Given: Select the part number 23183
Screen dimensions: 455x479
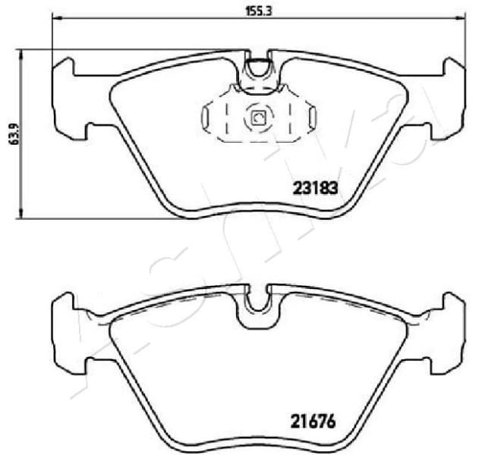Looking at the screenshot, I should [x=314, y=187].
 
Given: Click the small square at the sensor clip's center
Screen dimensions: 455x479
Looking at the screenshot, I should [x=257, y=118].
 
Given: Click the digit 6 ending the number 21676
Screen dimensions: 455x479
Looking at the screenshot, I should [x=331, y=418].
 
